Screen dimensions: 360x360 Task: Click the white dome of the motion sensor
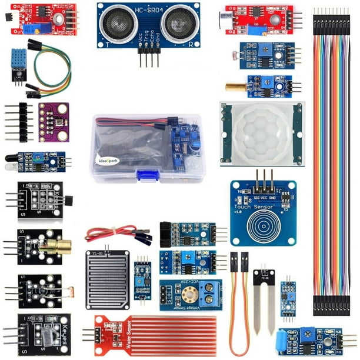tap(262, 134)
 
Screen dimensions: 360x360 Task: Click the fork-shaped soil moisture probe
tap(264, 297)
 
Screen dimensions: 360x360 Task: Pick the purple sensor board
tap(54, 122)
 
